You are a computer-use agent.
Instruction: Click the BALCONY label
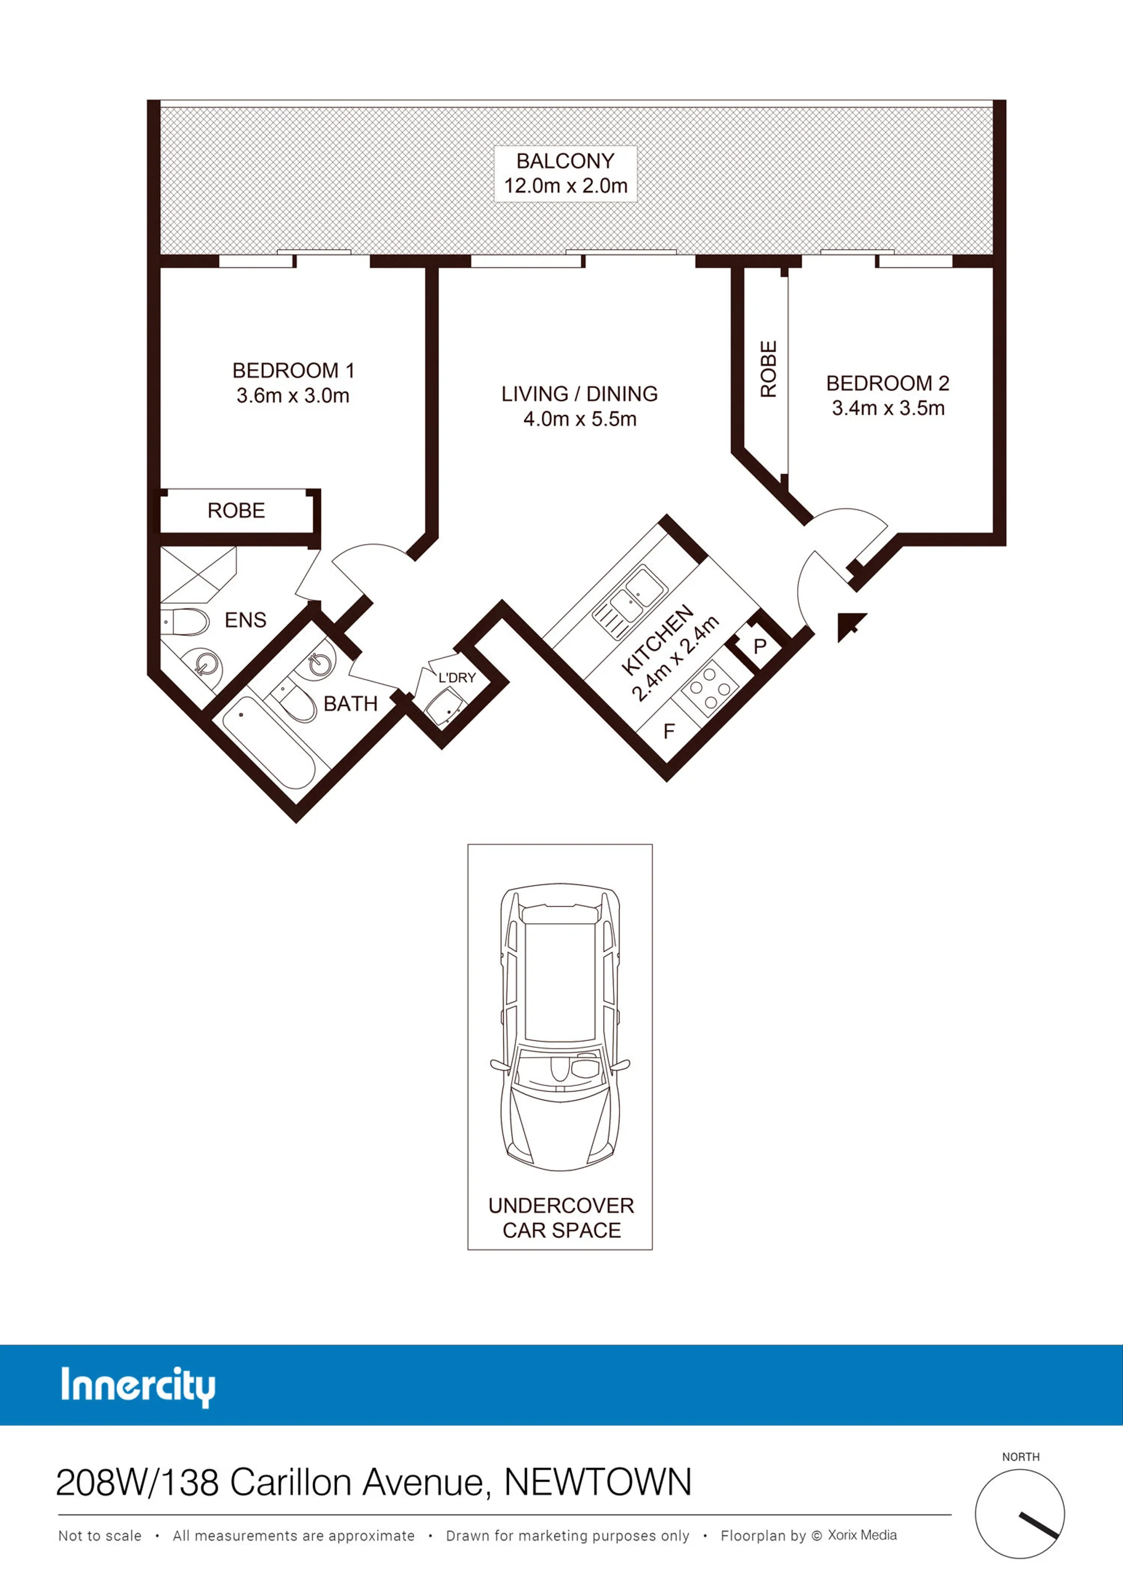tap(566, 161)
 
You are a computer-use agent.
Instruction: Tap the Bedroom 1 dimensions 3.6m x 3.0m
tap(292, 396)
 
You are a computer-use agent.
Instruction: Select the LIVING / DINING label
tap(580, 394)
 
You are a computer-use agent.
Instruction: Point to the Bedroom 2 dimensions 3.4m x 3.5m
tap(888, 408)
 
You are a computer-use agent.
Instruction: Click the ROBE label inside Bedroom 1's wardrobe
tap(236, 511)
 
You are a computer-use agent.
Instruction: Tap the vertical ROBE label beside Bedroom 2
tap(769, 369)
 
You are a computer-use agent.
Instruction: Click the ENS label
tap(246, 620)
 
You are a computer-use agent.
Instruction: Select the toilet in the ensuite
tap(185, 622)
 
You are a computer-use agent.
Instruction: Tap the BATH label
tap(350, 704)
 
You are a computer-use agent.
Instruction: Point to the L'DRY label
tap(457, 677)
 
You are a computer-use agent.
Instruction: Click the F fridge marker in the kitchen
tap(669, 731)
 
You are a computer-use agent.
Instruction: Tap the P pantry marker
tap(760, 646)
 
